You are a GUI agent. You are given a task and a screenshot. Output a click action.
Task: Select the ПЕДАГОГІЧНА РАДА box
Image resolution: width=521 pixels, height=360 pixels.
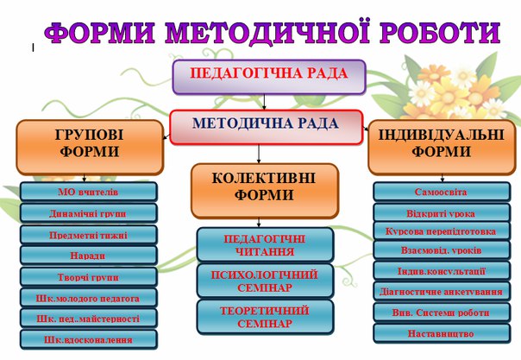269,77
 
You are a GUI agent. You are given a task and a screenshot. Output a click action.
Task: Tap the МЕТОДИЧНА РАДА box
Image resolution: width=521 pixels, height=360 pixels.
266,127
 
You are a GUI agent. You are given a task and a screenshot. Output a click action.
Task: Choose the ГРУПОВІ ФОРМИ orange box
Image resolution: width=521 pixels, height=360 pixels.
90,148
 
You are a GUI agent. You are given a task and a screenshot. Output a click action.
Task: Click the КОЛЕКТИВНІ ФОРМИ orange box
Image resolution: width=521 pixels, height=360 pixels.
265,191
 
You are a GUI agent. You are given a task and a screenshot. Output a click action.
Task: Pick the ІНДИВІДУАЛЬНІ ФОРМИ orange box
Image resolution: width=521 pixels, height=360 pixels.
442,148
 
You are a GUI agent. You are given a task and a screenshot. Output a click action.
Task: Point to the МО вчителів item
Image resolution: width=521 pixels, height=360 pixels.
88,192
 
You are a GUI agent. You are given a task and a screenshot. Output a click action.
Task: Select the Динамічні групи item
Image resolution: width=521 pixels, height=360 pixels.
88,213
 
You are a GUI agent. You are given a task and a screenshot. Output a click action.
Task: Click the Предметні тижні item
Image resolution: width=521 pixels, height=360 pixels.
88,235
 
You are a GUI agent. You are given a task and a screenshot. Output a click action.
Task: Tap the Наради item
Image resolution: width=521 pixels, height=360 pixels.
88,256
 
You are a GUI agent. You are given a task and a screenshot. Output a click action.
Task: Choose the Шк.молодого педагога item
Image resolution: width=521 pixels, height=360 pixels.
88,298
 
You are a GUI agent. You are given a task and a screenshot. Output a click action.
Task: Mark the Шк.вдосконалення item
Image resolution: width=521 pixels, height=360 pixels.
88,339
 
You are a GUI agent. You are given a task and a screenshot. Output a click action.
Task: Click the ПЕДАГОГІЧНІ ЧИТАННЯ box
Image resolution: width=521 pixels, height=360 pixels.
265,244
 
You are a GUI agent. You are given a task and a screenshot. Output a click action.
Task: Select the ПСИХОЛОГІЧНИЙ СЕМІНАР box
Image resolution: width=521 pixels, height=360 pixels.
265,281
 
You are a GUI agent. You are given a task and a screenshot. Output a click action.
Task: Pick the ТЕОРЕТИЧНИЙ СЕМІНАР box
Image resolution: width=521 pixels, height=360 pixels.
265,317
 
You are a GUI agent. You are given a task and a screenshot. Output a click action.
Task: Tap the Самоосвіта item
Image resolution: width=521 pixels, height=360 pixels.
442,192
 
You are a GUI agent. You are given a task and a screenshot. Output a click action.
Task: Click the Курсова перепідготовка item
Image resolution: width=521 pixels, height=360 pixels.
442,231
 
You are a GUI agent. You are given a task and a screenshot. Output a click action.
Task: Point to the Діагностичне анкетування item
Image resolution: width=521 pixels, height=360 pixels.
442,292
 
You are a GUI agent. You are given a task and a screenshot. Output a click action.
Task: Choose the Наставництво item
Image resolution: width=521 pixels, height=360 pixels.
442,333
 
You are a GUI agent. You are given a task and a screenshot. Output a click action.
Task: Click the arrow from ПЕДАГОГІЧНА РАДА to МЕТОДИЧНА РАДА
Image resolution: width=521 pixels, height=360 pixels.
264,102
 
